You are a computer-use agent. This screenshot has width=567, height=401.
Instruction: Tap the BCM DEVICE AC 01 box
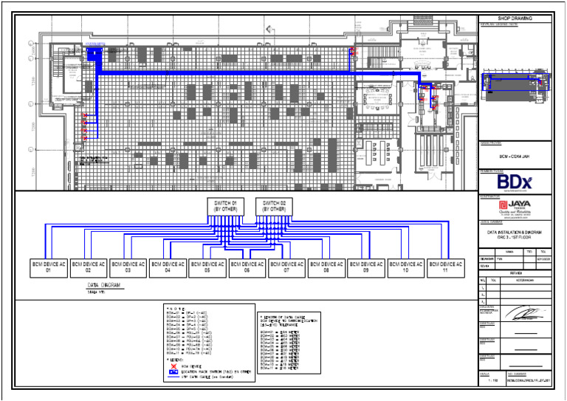coord(49,267)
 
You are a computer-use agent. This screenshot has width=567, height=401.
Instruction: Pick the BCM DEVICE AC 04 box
coord(168,267)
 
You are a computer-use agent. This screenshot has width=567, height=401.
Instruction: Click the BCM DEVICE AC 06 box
coord(247,267)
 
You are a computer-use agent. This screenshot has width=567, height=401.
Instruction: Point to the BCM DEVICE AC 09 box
coord(365,267)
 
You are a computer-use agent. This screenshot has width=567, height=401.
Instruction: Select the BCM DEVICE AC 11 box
coord(445,267)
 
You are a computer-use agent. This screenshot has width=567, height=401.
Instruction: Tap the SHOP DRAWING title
coord(515,18)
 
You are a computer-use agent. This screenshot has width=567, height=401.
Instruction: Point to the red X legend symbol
coord(172,366)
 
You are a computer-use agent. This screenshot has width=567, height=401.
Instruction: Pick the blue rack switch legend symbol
coord(172,371)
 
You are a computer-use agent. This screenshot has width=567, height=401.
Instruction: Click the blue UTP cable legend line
coord(172,377)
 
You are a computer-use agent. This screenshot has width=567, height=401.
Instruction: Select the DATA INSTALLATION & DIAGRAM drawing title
coord(515,233)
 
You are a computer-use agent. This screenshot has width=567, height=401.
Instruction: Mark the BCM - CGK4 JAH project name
coord(515,157)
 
